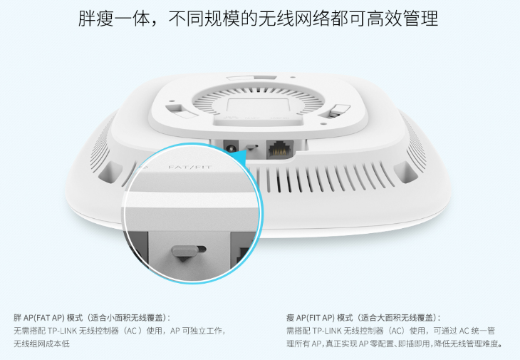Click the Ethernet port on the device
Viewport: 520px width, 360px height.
280,149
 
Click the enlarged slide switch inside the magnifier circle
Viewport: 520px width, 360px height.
187,252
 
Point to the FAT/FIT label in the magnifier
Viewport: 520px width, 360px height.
189,167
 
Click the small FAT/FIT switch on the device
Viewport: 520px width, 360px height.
252,146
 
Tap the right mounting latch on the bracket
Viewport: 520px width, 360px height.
334,110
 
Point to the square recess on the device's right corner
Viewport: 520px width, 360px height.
405,172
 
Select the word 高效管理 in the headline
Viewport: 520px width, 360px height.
402,19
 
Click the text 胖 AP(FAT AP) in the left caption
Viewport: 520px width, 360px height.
39,318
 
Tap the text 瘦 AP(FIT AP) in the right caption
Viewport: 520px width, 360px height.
311,318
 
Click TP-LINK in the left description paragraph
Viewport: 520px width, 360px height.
62,331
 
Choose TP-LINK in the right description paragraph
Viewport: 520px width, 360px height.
327,331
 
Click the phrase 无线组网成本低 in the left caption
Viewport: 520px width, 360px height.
42,344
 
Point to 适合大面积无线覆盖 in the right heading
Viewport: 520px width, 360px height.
397,318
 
